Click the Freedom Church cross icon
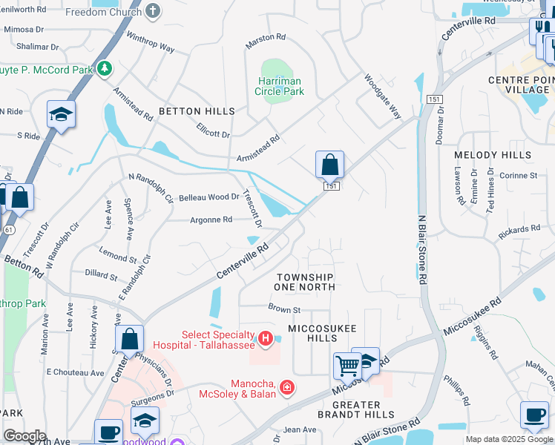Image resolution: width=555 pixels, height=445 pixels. [153, 12]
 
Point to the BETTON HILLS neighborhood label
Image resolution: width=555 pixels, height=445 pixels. [196, 111]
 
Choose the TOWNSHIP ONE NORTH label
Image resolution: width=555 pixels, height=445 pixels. [304, 281]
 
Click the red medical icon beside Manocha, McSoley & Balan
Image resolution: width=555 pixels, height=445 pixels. [287, 387]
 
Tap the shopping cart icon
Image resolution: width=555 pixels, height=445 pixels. [347, 365]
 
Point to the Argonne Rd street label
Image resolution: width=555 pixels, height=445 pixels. [211, 220]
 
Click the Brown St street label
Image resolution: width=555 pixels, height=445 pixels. [284, 309]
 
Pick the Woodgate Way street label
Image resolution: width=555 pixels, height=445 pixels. [382, 96]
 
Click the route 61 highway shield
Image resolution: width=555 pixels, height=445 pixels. [9, 230]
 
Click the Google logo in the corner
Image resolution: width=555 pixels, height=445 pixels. [24, 436]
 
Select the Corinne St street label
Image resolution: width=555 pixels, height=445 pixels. [522, 176]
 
